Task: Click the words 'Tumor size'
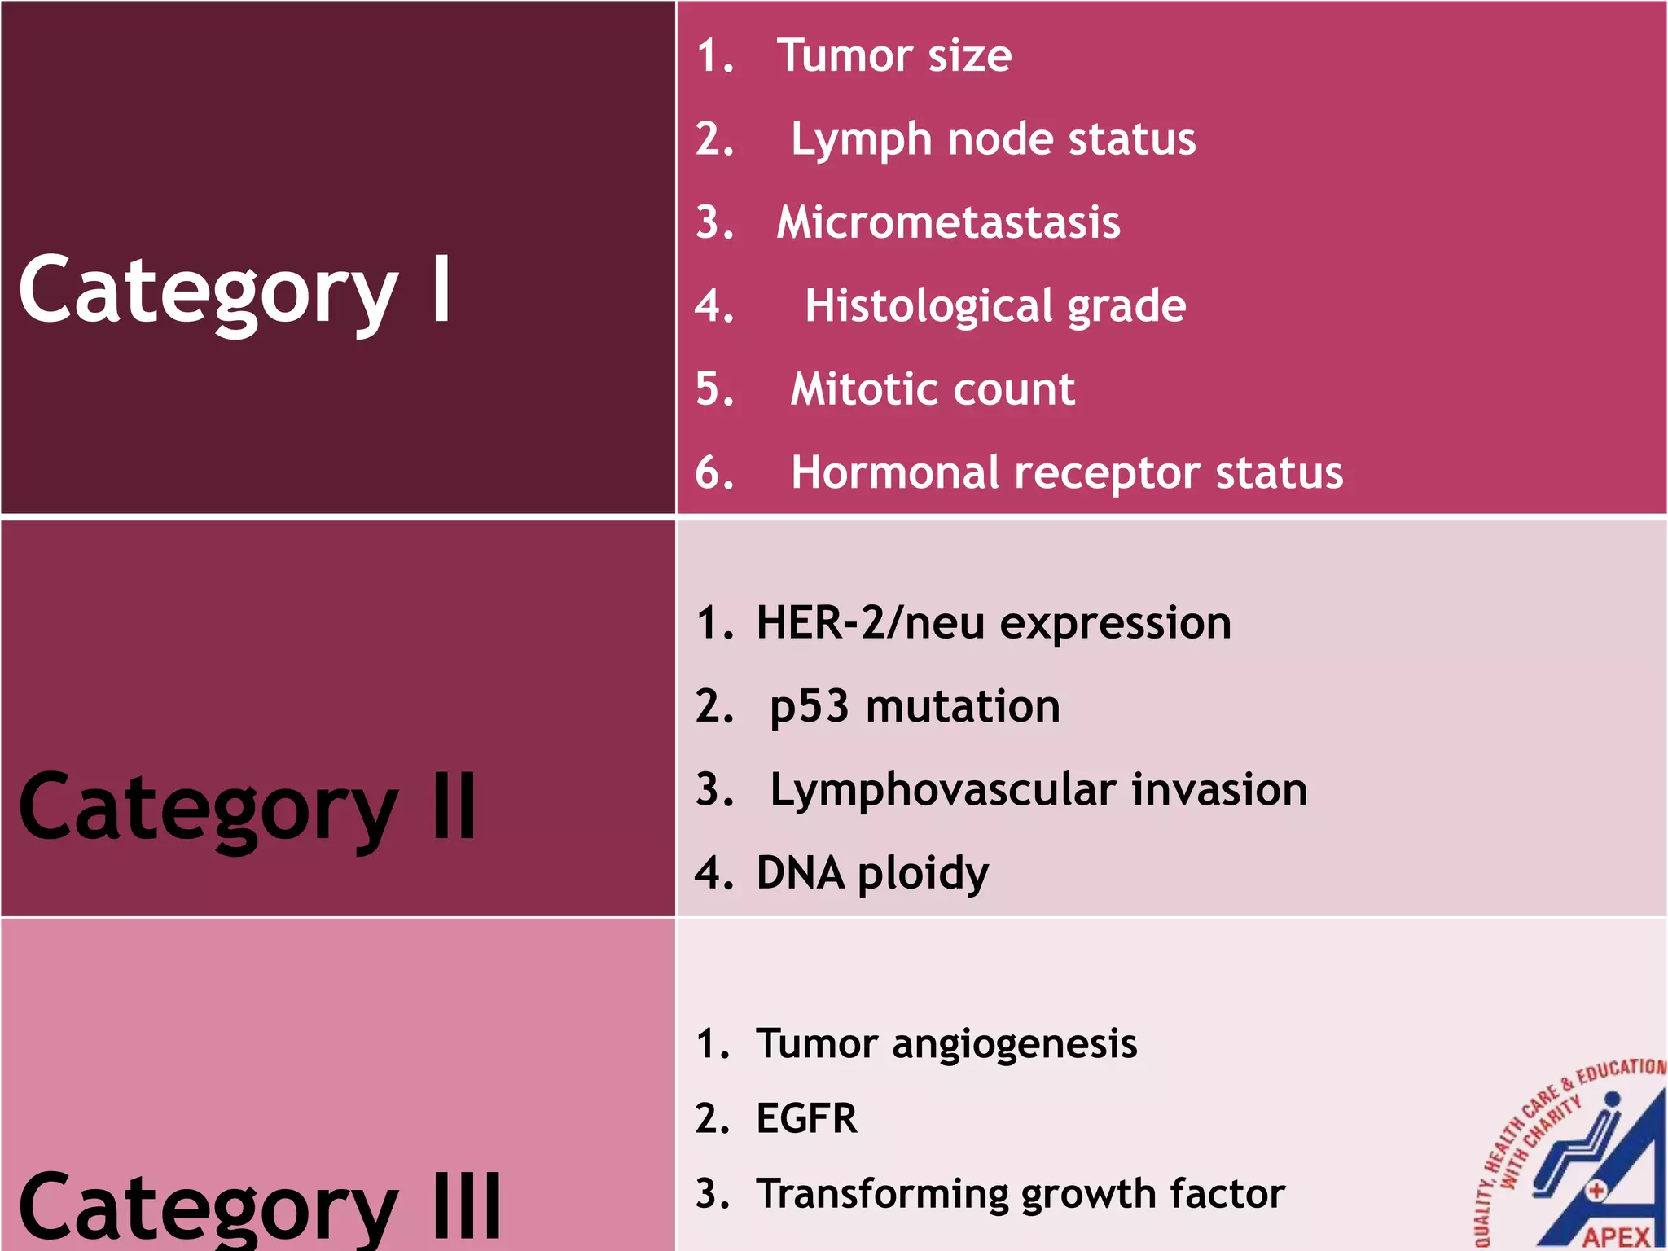pos(893,56)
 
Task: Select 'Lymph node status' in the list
pos(993,139)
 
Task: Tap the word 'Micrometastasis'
pos(948,222)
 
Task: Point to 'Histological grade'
pos(994,306)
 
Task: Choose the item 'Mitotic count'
pos(933,389)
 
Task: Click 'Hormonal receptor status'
pos(1066,473)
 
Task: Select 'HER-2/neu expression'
pos(993,623)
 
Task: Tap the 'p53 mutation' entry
pos(915,707)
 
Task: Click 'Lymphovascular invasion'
pos(1038,790)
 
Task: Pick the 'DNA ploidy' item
pos(872,874)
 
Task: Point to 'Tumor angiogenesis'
pos(946,1044)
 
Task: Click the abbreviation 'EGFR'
pos(806,1118)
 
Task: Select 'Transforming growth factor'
pos(1021,1194)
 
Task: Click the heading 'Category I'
pos(235,290)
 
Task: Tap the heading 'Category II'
pos(247,808)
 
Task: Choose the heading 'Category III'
pos(259,1207)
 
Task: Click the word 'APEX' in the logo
pos(1616,1237)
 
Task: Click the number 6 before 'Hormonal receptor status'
pos(714,473)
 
